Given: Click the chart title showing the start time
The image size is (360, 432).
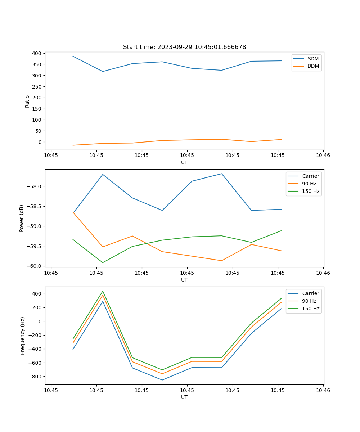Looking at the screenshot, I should [x=184, y=47].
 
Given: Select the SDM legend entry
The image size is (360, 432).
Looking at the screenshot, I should [x=313, y=59].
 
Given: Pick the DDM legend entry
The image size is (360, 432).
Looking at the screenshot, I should [x=313, y=66].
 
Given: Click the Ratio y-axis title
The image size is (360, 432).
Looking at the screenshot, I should [x=27, y=101].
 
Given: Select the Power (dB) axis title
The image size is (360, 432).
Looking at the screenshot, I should [x=22, y=218].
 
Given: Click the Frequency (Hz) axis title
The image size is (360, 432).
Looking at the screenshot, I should [x=23, y=336].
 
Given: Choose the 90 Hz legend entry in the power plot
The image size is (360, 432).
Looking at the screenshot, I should [x=309, y=184].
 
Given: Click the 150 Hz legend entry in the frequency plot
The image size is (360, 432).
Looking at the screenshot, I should [x=311, y=309].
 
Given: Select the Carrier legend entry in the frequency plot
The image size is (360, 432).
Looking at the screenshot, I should [x=310, y=293].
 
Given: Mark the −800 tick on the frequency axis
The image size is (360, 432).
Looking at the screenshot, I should [x=36, y=377].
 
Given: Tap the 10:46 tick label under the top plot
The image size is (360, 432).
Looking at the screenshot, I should [x=323, y=156].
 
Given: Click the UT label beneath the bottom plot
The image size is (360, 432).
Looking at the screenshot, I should [x=184, y=397].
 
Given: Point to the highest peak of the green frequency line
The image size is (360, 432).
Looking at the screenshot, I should [x=103, y=291].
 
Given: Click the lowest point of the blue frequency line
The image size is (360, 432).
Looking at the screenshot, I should [x=162, y=380].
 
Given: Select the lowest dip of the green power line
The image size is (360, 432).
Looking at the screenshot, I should [x=103, y=262].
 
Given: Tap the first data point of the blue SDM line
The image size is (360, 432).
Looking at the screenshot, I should [x=73, y=56].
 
